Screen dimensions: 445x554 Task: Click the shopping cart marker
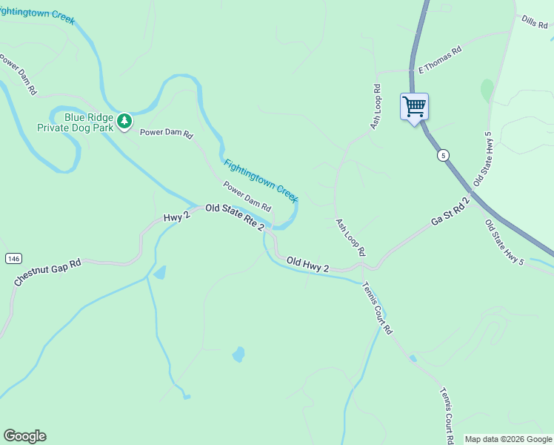(x=415, y=106)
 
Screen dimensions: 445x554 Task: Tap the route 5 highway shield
(x=443, y=155)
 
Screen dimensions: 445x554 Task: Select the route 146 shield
(x=13, y=258)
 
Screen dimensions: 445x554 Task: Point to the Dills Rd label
(x=533, y=22)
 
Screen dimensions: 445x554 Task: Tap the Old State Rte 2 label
(x=234, y=217)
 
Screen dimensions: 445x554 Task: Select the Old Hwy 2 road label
(x=307, y=263)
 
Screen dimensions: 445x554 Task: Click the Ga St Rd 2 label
(x=450, y=212)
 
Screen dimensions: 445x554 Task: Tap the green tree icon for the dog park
(x=125, y=119)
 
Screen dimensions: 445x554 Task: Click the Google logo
(x=24, y=436)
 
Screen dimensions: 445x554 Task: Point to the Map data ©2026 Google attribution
(x=508, y=439)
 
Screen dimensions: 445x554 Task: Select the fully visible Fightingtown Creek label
(x=261, y=180)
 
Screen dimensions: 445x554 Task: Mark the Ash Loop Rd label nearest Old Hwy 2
(x=351, y=237)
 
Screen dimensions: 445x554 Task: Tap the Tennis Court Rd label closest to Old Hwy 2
(x=377, y=306)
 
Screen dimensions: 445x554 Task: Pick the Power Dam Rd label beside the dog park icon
(x=167, y=135)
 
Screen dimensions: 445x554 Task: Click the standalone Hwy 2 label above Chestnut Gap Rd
(x=177, y=217)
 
